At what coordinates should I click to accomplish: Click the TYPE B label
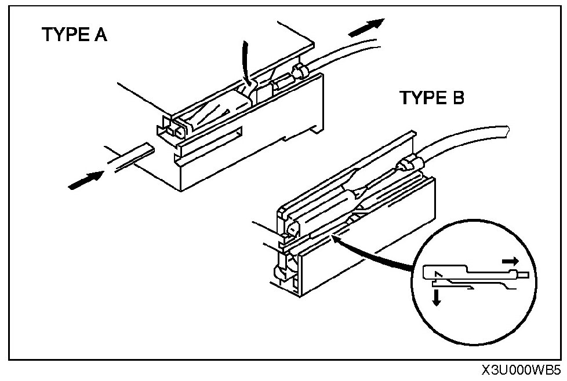(x=432, y=98)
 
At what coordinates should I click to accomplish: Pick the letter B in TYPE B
(x=457, y=98)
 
